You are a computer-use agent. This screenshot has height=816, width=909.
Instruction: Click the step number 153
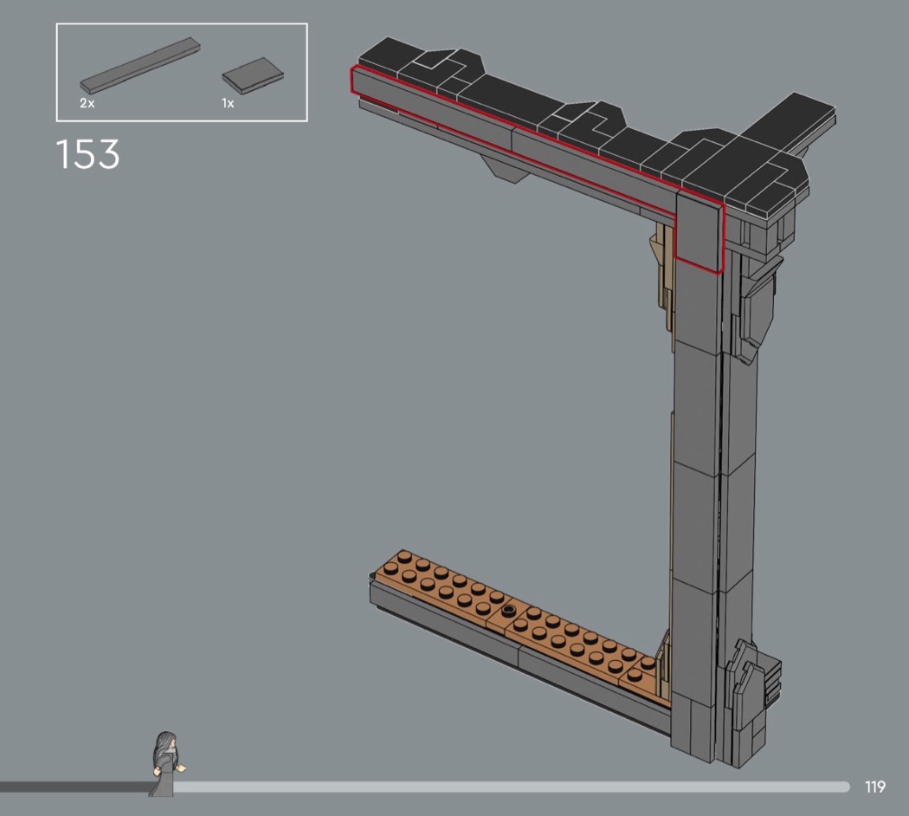point(87,154)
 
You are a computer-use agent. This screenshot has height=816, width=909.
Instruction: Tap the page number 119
point(874,787)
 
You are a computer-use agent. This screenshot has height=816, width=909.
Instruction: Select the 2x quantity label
point(87,104)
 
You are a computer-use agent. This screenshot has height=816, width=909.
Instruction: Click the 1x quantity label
point(228,103)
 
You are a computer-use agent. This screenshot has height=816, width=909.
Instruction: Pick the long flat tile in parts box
point(139,66)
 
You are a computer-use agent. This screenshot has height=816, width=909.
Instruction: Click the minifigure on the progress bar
point(168,763)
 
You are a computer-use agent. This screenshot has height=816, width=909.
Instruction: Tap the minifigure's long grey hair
point(164,751)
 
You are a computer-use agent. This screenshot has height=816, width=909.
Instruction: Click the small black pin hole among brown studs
point(509,610)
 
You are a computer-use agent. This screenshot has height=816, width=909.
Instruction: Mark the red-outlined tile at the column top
point(699,232)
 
